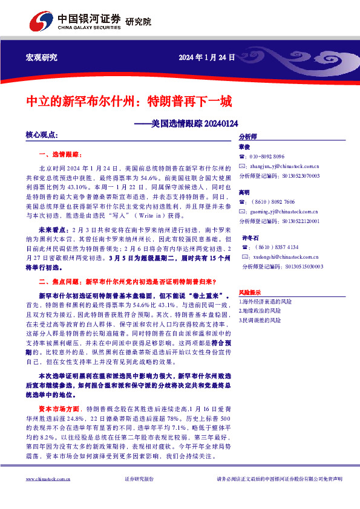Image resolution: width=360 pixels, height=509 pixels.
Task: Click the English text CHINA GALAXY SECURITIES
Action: tap(89, 28)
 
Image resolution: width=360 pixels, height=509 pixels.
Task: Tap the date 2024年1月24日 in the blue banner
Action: tap(206, 57)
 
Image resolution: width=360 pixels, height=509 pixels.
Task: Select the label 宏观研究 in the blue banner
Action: tap(41, 57)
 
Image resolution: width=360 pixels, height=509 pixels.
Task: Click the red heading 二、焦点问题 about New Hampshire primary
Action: tap(127, 282)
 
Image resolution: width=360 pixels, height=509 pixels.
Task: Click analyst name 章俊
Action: tap(244, 146)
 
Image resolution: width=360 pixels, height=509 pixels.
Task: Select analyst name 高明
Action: tap(244, 192)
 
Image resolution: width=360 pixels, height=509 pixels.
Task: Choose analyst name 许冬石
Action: tap(250, 238)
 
